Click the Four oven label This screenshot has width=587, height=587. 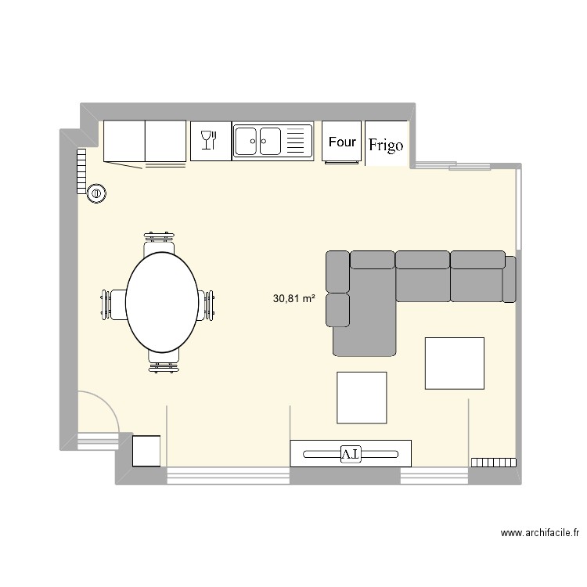click(x=342, y=142)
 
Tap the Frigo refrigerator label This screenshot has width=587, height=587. click(x=386, y=146)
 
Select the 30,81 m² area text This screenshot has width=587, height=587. click(x=293, y=298)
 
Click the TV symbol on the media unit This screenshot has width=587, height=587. click(x=351, y=454)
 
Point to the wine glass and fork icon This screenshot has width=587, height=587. click(x=209, y=140)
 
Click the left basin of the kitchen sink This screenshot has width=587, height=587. click(x=246, y=141)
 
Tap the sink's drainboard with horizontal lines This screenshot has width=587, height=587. click(x=295, y=141)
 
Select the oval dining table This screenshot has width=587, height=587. click(x=162, y=302)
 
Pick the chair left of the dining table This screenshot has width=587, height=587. click(x=113, y=304)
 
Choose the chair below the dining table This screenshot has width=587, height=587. click(x=164, y=362)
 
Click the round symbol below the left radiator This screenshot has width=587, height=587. click(x=96, y=193)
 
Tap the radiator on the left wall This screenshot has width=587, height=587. click(x=81, y=171)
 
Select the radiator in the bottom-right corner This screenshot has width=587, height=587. click(x=493, y=463)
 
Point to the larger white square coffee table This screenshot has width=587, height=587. click(x=455, y=363)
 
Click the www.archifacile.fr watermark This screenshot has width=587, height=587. click(x=540, y=533)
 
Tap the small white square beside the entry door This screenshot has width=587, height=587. click(x=146, y=451)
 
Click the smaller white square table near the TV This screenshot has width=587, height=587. click(x=362, y=398)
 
